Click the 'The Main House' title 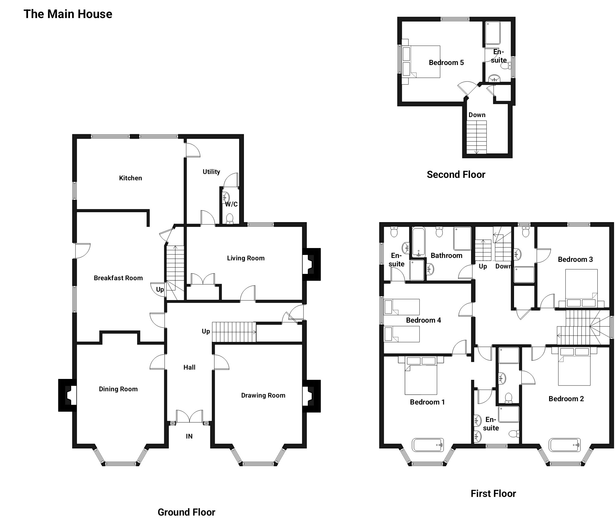click(68, 14)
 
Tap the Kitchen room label click(131, 178)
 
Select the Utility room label click(211, 172)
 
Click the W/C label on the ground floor click(232, 204)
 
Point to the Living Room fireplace click(312, 264)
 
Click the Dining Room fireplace click(67, 395)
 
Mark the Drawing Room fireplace click(312, 396)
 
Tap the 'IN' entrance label click(189, 436)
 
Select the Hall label click(189, 367)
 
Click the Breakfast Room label click(118, 278)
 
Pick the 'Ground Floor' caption click(186, 512)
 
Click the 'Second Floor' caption click(456, 175)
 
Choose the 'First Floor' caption click(493, 494)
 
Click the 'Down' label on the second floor click(477, 115)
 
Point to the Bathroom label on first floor click(446, 256)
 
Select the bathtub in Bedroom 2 click(565, 445)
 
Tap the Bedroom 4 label click(423, 320)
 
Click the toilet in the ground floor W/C click(230, 218)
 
